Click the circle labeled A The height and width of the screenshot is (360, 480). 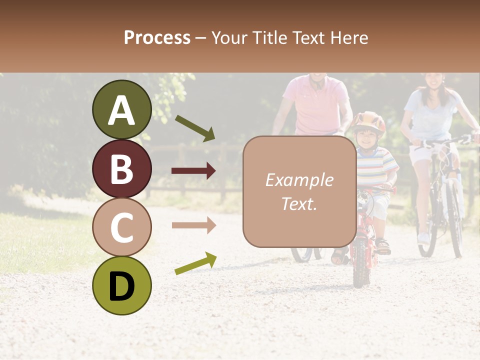point(121,109)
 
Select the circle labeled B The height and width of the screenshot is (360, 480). point(121,168)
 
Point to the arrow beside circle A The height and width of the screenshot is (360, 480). point(195,128)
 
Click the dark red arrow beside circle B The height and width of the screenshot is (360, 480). point(193,171)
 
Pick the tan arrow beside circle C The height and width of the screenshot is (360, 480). point(193,225)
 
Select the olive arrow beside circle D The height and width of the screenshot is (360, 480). point(195,263)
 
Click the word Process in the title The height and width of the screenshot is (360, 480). point(157,37)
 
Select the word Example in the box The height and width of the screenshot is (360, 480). point(299,180)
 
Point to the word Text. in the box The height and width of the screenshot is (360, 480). point(299,203)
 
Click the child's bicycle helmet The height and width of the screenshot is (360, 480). point(368,123)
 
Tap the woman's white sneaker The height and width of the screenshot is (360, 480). point(423,237)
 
